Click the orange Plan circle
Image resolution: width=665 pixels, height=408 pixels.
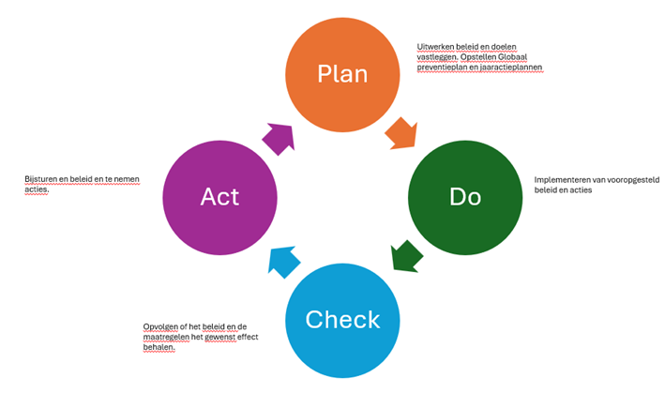343,74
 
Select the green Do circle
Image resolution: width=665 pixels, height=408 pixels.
465,196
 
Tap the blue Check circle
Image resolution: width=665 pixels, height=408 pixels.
342,319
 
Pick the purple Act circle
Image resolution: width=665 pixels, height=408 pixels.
219,196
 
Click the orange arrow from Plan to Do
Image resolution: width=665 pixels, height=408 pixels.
401,133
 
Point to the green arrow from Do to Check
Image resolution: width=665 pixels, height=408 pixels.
405,255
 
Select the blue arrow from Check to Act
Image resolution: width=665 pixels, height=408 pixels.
283,260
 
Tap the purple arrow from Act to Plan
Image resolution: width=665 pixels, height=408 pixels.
279,138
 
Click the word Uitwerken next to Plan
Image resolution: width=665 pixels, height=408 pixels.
436,46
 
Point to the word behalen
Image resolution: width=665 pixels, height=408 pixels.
159,347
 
